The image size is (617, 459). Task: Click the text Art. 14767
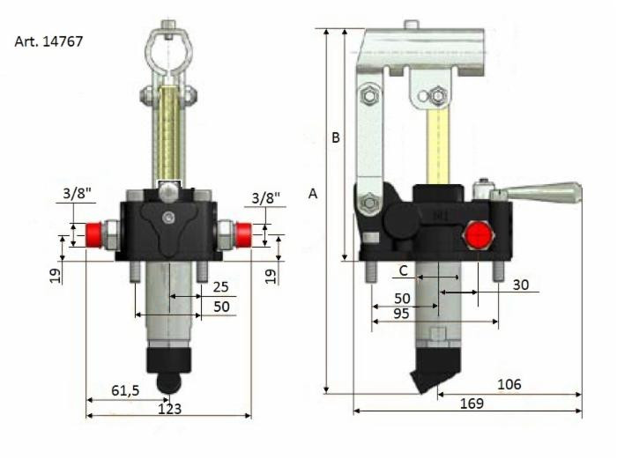coord(49,41)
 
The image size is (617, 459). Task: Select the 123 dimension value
coord(168,408)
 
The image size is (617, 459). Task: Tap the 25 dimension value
coord(219,287)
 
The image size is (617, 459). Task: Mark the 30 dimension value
coord(521,284)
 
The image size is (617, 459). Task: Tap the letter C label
coord(403,270)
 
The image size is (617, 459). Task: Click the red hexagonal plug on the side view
coord(476,235)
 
